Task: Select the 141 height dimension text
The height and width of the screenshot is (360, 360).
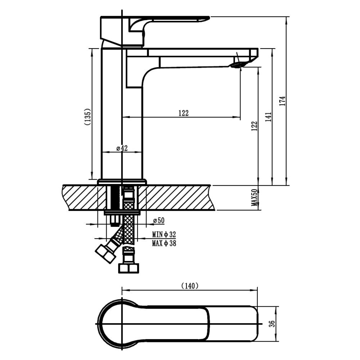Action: pos(269,117)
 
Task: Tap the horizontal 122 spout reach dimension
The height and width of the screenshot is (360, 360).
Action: pos(184,113)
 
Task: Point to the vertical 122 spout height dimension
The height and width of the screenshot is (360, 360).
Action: pos(255,126)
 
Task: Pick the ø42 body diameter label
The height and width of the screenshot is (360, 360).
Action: pos(122,148)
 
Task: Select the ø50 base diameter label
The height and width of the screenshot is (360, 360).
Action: pos(159,220)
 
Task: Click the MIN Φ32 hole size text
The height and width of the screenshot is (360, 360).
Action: pos(164,234)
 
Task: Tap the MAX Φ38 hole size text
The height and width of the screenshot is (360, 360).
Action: pos(164,243)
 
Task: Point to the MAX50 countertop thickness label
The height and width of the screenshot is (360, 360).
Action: pos(255,197)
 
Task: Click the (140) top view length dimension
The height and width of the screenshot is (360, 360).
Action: pos(190,286)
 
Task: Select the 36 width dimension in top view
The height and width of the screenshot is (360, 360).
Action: pos(272,324)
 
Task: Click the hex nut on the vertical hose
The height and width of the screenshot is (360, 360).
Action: pos(129,268)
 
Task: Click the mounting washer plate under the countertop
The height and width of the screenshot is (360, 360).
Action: pos(122,213)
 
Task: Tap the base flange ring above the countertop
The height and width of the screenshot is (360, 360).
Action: pos(122,182)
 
